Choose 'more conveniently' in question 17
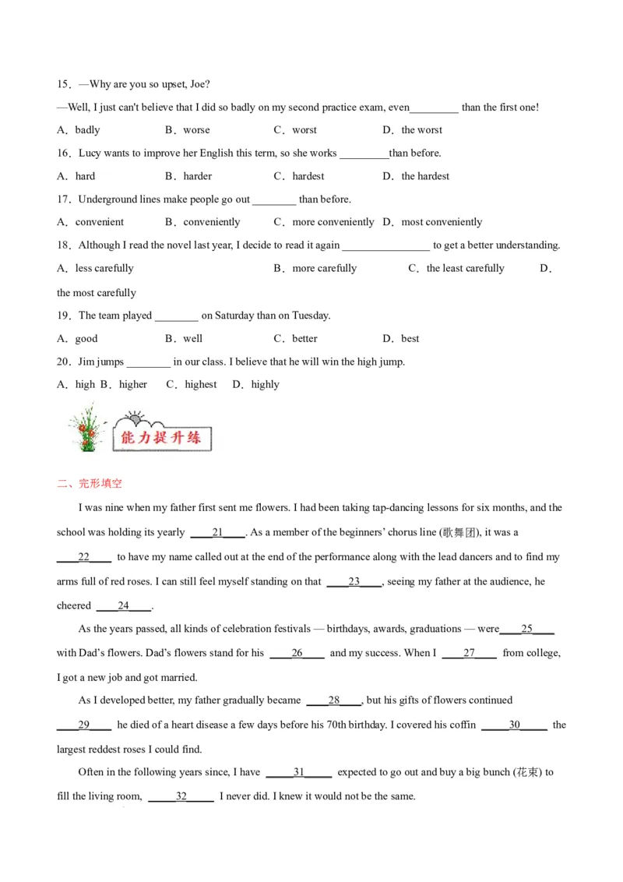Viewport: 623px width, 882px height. (333, 222)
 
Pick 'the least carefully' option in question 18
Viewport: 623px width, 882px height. (465, 268)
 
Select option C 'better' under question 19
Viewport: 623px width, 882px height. (304, 338)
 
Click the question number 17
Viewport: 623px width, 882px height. (64, 199)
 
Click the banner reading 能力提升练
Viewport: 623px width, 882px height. (161, 437)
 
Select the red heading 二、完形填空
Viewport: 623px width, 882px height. (90, 483)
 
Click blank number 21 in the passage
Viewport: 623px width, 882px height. (217, 532)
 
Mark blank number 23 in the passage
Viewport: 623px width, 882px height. (354, 581)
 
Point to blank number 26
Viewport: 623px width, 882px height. (297, 653)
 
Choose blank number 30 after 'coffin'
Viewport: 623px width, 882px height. (514, 725)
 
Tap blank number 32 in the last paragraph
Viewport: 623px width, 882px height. (181, 796)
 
